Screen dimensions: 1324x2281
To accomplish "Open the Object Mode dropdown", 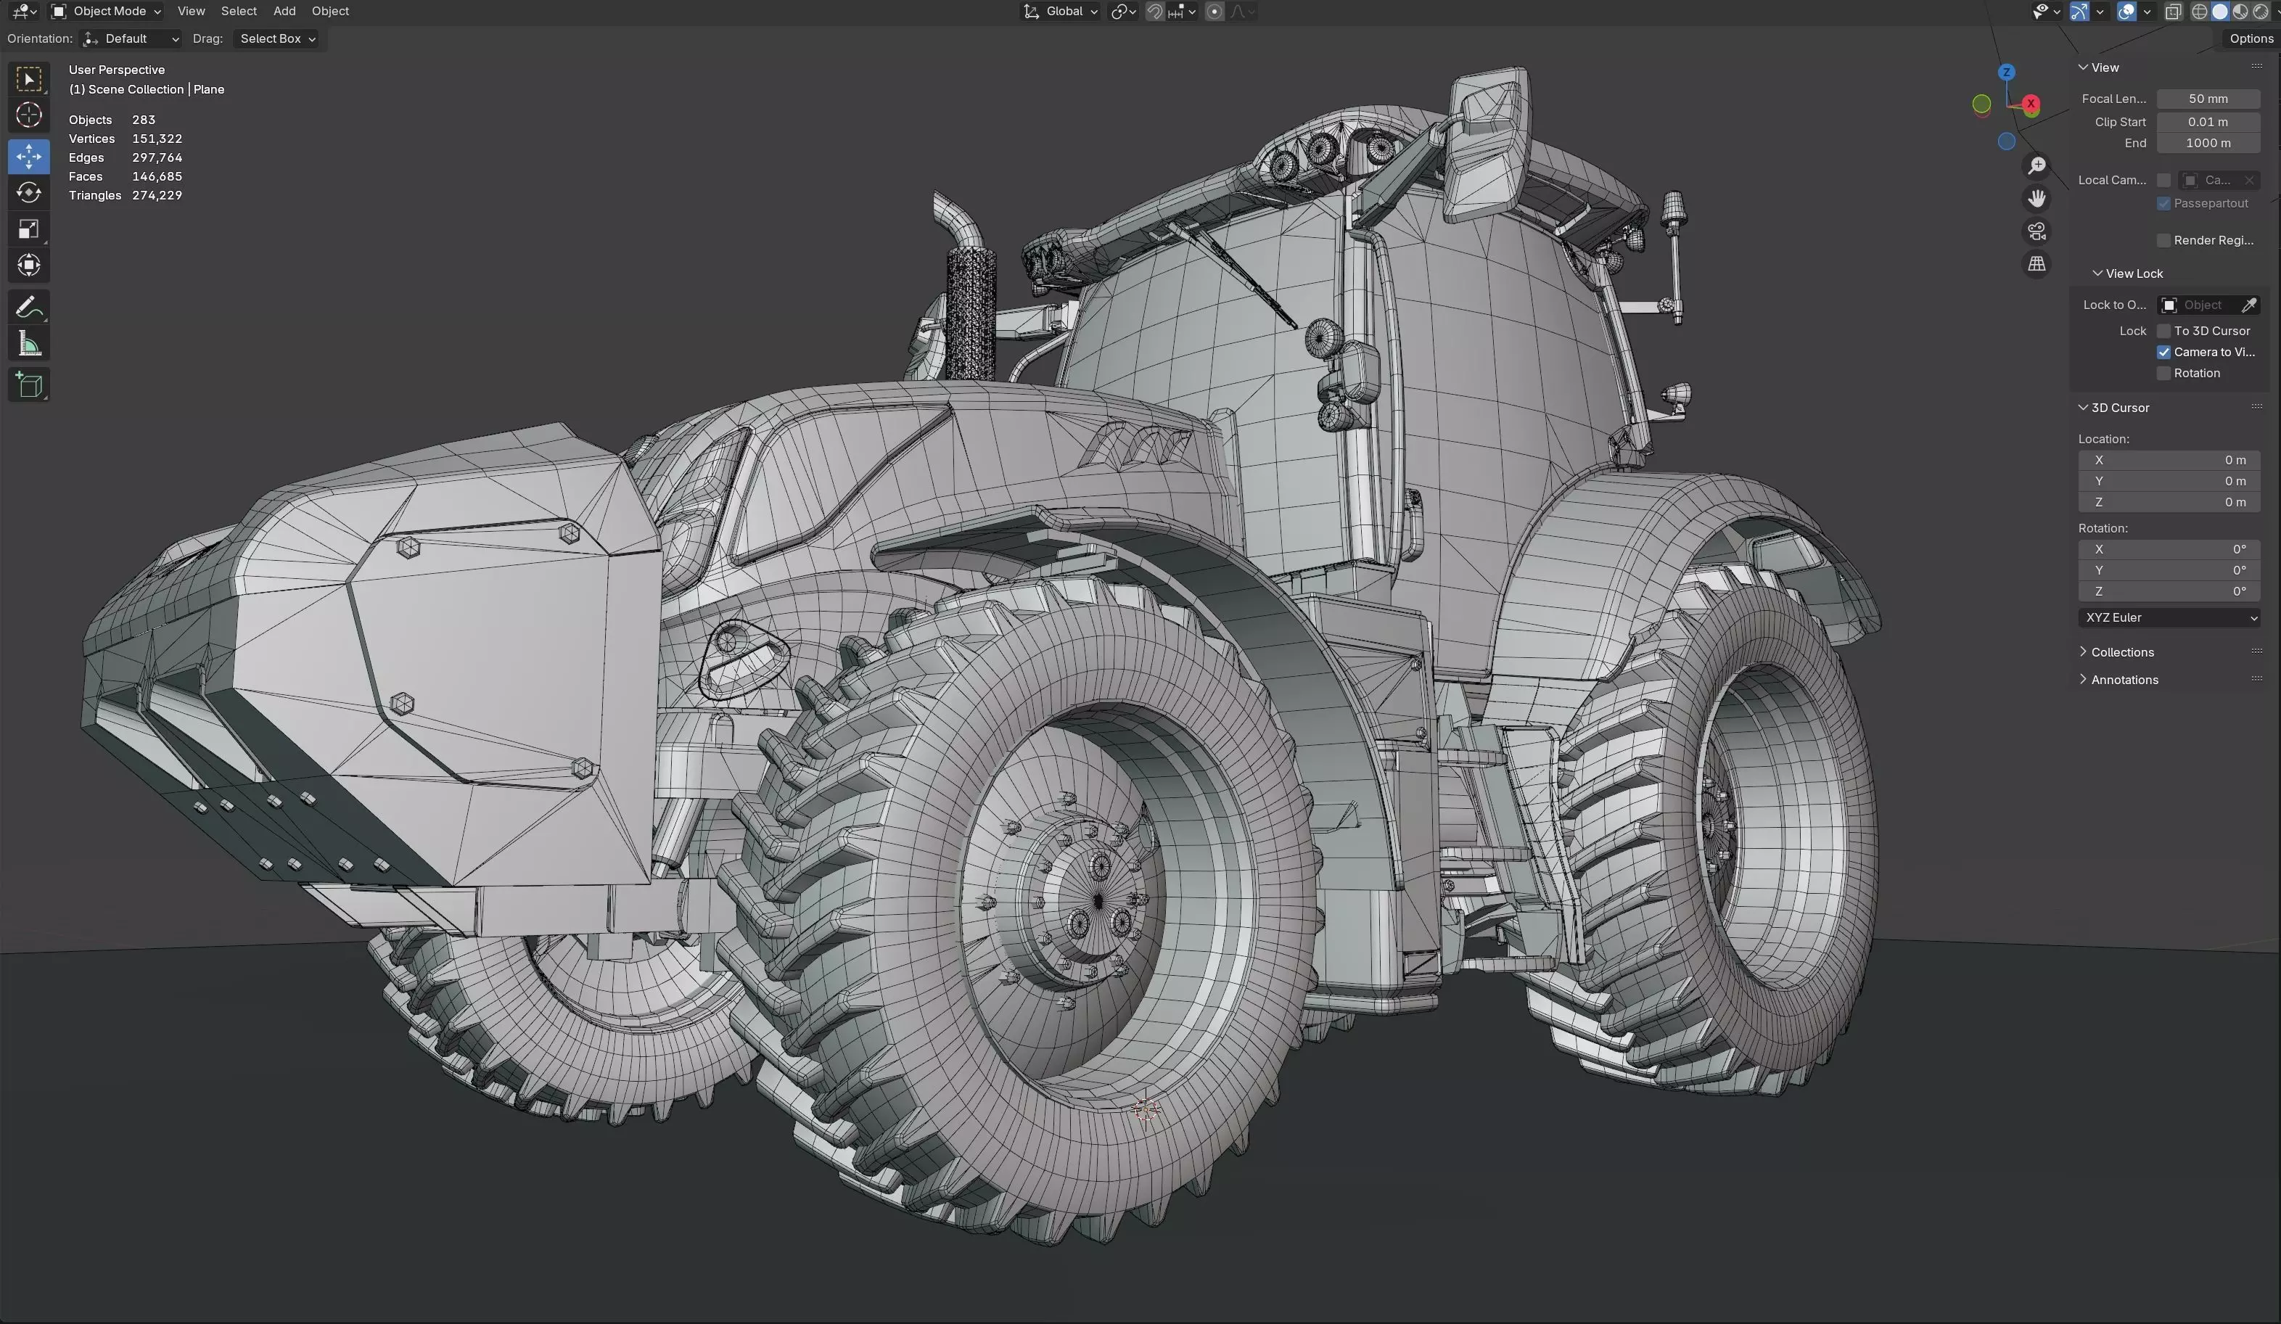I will tap(107, 12).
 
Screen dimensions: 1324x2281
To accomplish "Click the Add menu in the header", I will tap(284, 12).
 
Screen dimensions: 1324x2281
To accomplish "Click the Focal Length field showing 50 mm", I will tap(2207, 99).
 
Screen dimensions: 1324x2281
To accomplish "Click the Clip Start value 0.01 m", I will tap(2207, 122).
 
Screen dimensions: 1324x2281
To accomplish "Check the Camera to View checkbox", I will tap(2163, 352).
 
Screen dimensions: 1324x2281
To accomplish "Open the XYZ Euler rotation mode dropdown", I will tap(2169, 618).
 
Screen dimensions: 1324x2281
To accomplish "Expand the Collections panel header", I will tap(2121, 652).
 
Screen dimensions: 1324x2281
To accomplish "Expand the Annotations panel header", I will tap(2124, 680).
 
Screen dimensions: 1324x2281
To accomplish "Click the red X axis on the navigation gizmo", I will tap(2031, 104).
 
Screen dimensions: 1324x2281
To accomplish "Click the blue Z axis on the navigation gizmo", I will tap(2007, 73).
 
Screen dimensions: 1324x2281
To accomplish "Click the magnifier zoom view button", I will tap(2037, 165).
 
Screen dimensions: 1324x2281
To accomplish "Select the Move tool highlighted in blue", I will tap(29, 157).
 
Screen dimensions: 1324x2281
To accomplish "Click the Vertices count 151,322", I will tap(157, 139).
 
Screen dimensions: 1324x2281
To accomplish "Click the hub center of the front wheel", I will tap(1097, 900).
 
